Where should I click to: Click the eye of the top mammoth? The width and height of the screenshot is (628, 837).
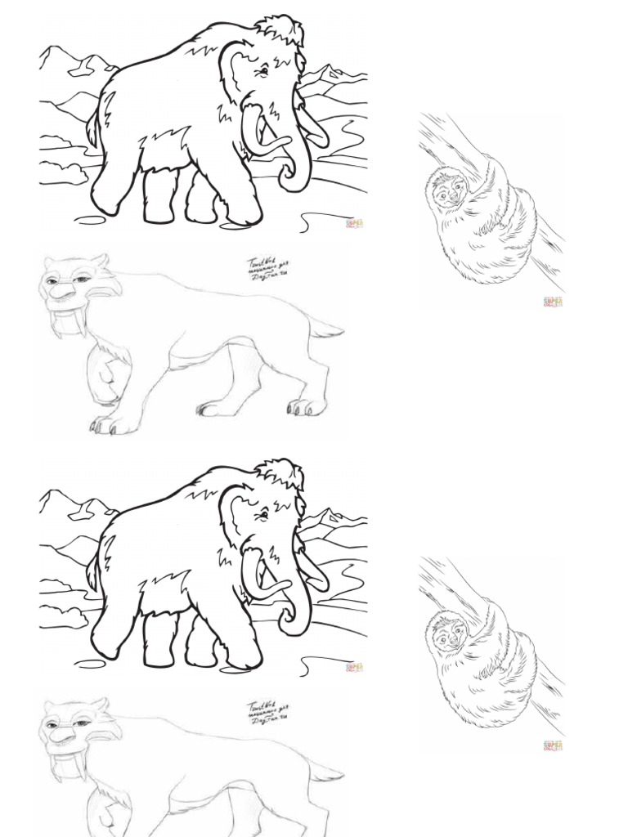coord(264,72)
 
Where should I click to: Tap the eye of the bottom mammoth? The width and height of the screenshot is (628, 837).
coord(264,516)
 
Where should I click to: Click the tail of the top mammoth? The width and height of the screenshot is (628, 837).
coord(96,123)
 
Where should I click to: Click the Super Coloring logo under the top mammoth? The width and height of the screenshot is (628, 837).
coord(355,223)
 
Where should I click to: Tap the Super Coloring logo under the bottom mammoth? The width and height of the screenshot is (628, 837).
coord(355,668)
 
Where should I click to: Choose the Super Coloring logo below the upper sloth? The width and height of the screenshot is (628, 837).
coord(554,302)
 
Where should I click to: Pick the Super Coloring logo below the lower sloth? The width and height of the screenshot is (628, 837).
coord(554,746)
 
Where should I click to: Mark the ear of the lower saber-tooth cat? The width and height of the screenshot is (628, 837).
coord(99,705)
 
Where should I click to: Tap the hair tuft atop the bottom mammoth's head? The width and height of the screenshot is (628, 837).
coord(282,472)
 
